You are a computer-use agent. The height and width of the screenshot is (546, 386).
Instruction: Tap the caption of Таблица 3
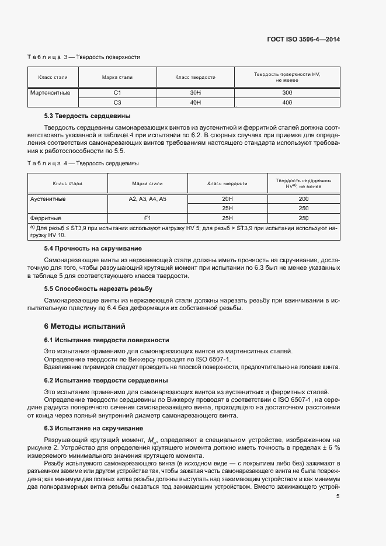click(84, 57)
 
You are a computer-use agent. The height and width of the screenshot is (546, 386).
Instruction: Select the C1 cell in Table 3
click(117, 93)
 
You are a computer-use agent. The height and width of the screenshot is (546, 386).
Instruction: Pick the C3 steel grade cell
click(117, 102)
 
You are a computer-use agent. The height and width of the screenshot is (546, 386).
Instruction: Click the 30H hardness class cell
click(196, 93)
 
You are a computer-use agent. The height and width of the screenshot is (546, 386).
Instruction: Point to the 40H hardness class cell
click(196, 102)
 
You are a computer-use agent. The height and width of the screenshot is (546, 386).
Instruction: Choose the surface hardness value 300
click(287, 93)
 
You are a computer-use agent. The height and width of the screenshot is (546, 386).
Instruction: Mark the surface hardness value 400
click(287, 102)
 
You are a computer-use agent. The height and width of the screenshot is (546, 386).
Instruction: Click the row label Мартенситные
click(50, 93)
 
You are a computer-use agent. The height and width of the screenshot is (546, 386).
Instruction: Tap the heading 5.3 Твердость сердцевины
click(88, 116)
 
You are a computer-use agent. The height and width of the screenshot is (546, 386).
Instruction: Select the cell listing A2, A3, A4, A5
click(148, 199)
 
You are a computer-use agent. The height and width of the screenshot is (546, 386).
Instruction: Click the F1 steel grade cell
click(148, 218)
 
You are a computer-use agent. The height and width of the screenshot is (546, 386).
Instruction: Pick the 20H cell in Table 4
click(227, 199)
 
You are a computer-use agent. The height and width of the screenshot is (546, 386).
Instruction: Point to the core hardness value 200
click(303, 199)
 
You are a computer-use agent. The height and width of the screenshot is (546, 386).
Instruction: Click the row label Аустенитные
click(48, 199)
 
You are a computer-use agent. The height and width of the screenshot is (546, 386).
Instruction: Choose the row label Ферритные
click(46, 218)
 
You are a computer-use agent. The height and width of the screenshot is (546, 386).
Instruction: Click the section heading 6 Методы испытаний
click(85, 326)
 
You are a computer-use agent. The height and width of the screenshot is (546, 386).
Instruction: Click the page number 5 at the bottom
click(338, 496)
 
